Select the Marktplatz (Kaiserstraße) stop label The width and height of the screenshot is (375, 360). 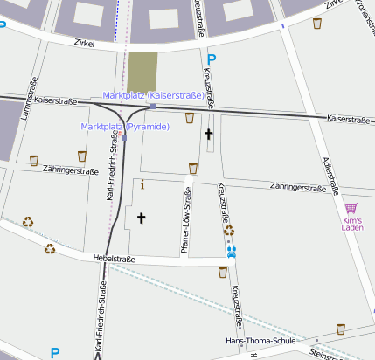coord(153,94)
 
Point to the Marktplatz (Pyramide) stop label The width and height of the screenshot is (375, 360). coord(125,127)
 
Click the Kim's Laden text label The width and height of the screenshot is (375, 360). coord(351,224)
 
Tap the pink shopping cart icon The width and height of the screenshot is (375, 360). coord(351,208)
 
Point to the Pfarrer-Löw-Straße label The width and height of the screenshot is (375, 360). coord(186,222)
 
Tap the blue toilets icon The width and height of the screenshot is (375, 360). coord(232,250)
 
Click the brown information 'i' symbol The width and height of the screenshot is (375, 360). coord(142,184)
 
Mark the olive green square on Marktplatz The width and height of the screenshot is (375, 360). coord(142,68)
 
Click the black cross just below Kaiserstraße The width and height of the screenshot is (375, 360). coord(208,135)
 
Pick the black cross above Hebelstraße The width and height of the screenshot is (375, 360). coord(141,217)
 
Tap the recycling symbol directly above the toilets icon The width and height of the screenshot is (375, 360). coord(229,231)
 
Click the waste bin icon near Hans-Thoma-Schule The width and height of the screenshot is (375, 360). coord(340,329)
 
